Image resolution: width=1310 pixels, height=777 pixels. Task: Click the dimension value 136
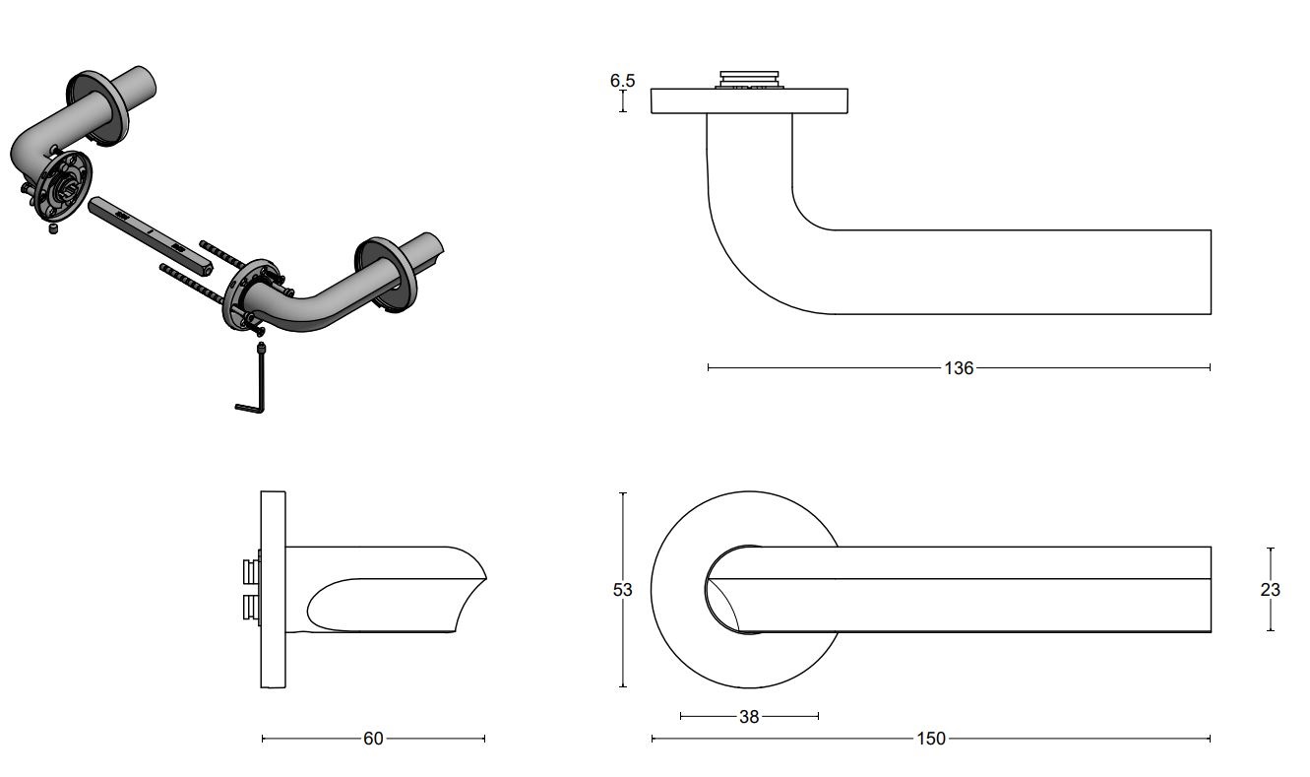coord(958,368)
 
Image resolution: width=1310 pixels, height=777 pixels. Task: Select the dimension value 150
coord(931,739)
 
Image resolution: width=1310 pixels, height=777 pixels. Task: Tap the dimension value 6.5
coord(622,81)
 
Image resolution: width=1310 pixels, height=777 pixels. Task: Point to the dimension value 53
coord(622,590)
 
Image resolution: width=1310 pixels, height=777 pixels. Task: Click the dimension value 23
coord(1270,590)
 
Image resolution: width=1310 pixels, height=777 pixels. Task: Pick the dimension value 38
coord(749,717)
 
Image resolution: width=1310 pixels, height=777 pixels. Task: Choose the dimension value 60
coord(373,739)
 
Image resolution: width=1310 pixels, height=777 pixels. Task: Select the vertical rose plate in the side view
coord(273,589)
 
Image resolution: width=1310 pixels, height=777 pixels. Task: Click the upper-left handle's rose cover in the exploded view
coord(98,108)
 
